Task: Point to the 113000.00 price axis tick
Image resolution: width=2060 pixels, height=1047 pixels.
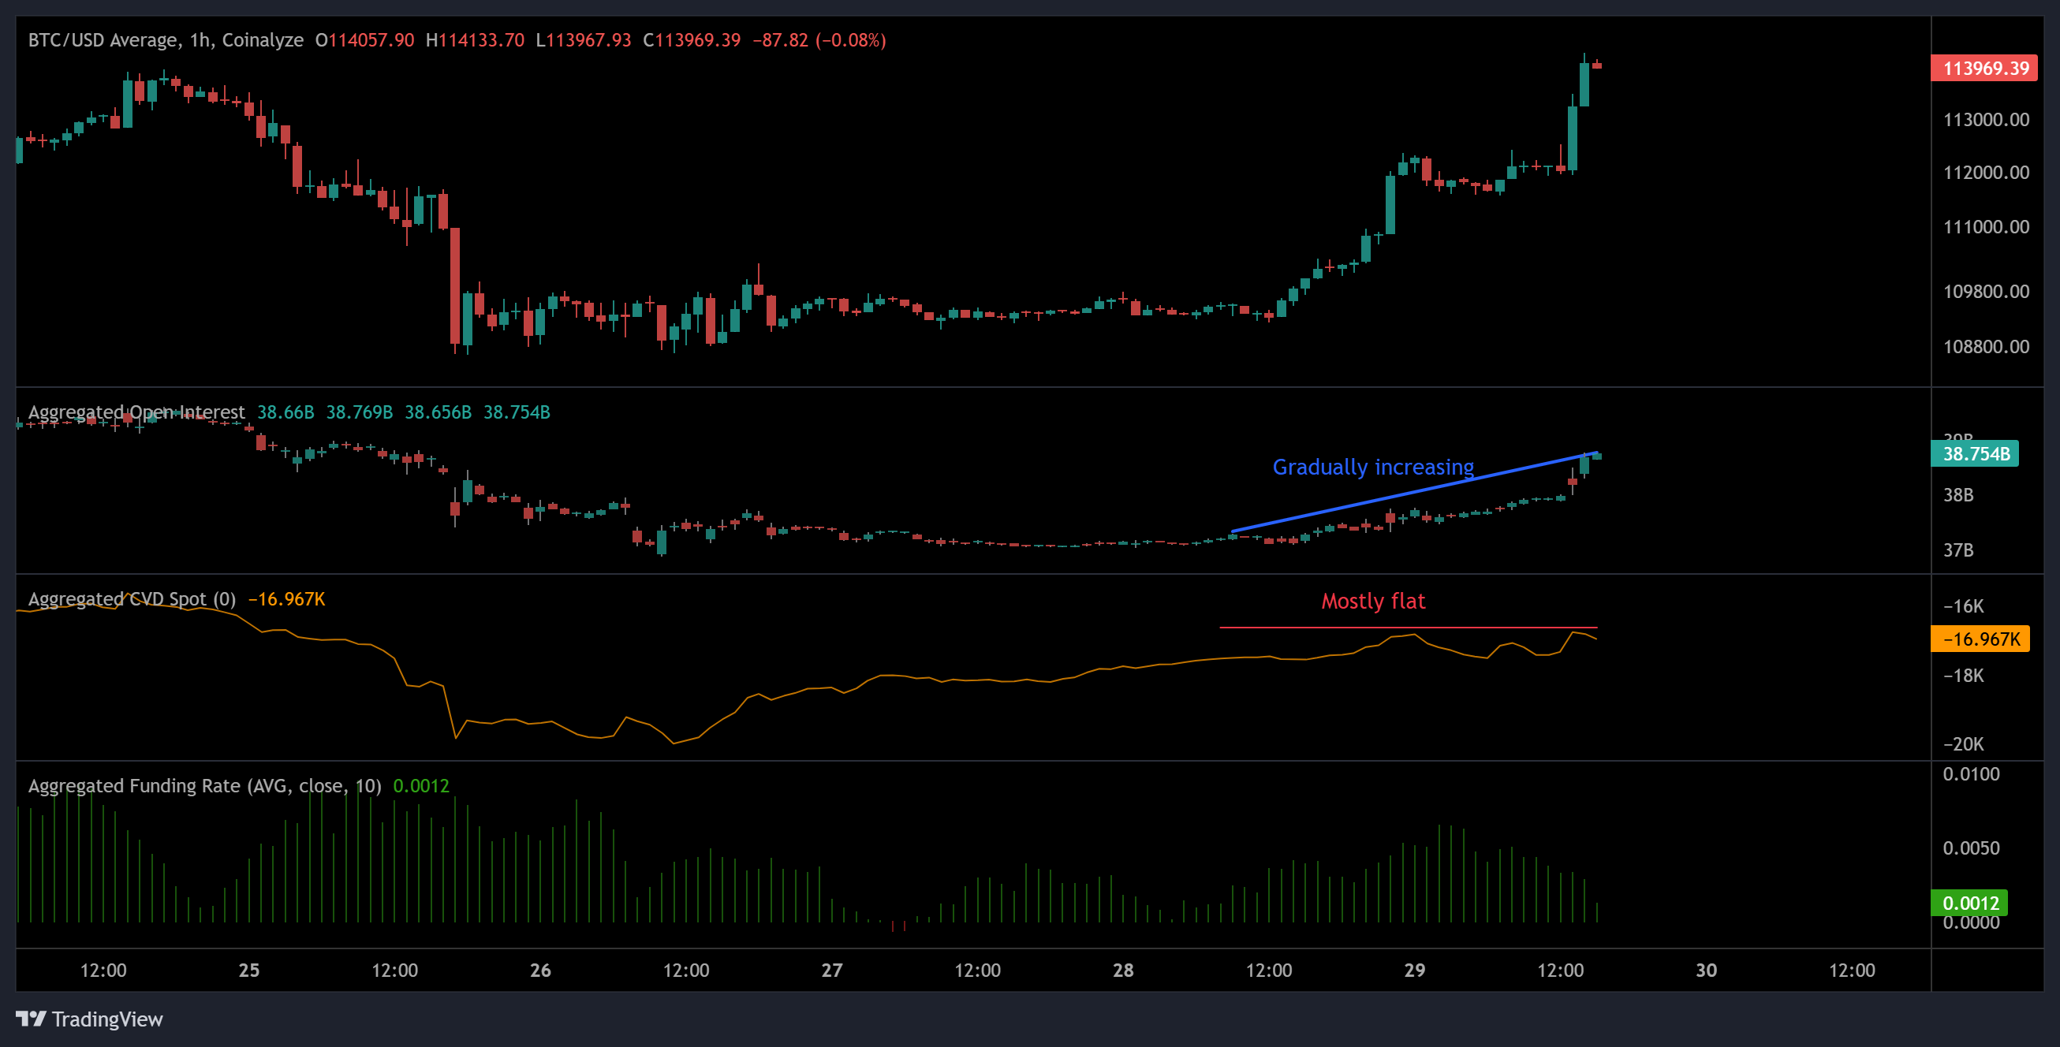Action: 1986,120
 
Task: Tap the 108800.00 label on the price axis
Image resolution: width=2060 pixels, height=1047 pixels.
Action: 1986,347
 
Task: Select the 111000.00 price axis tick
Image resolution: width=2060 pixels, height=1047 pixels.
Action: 1986,227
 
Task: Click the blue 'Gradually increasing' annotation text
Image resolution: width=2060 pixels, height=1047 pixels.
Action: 1372,467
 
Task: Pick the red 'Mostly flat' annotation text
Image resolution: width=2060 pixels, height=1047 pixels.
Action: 1372,601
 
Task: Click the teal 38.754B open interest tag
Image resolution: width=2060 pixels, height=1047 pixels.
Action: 1976,454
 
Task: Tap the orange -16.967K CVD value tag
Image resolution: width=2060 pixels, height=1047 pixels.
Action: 1980,639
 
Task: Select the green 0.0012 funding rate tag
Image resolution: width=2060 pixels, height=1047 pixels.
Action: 1969,904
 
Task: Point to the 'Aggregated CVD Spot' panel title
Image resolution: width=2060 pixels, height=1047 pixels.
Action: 132,599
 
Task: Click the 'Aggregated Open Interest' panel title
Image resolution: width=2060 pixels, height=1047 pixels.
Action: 136,412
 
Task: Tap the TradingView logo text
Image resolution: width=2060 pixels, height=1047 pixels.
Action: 106,1019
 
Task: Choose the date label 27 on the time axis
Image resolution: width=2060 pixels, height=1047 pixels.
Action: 832,971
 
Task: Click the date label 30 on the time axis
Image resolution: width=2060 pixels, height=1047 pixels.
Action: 1706,971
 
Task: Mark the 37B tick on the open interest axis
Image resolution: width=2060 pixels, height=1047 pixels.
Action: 1957,550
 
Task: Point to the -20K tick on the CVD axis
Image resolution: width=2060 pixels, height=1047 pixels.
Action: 1963,744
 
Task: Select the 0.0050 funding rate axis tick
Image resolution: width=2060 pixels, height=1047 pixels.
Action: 1970,848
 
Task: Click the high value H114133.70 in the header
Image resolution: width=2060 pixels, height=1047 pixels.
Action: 475,40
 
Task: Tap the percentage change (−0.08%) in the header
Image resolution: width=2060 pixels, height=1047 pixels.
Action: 850,40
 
